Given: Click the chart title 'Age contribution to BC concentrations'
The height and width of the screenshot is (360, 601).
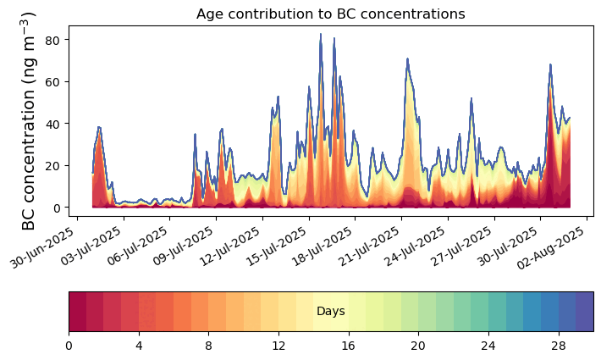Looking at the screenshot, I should click(330, 14).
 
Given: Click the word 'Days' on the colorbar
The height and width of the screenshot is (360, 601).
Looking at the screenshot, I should click(330, 312).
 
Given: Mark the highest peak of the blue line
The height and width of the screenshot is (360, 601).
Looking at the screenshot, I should click(321, 35).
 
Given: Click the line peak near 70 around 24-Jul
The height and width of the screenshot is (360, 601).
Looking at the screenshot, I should click(407, 59).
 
